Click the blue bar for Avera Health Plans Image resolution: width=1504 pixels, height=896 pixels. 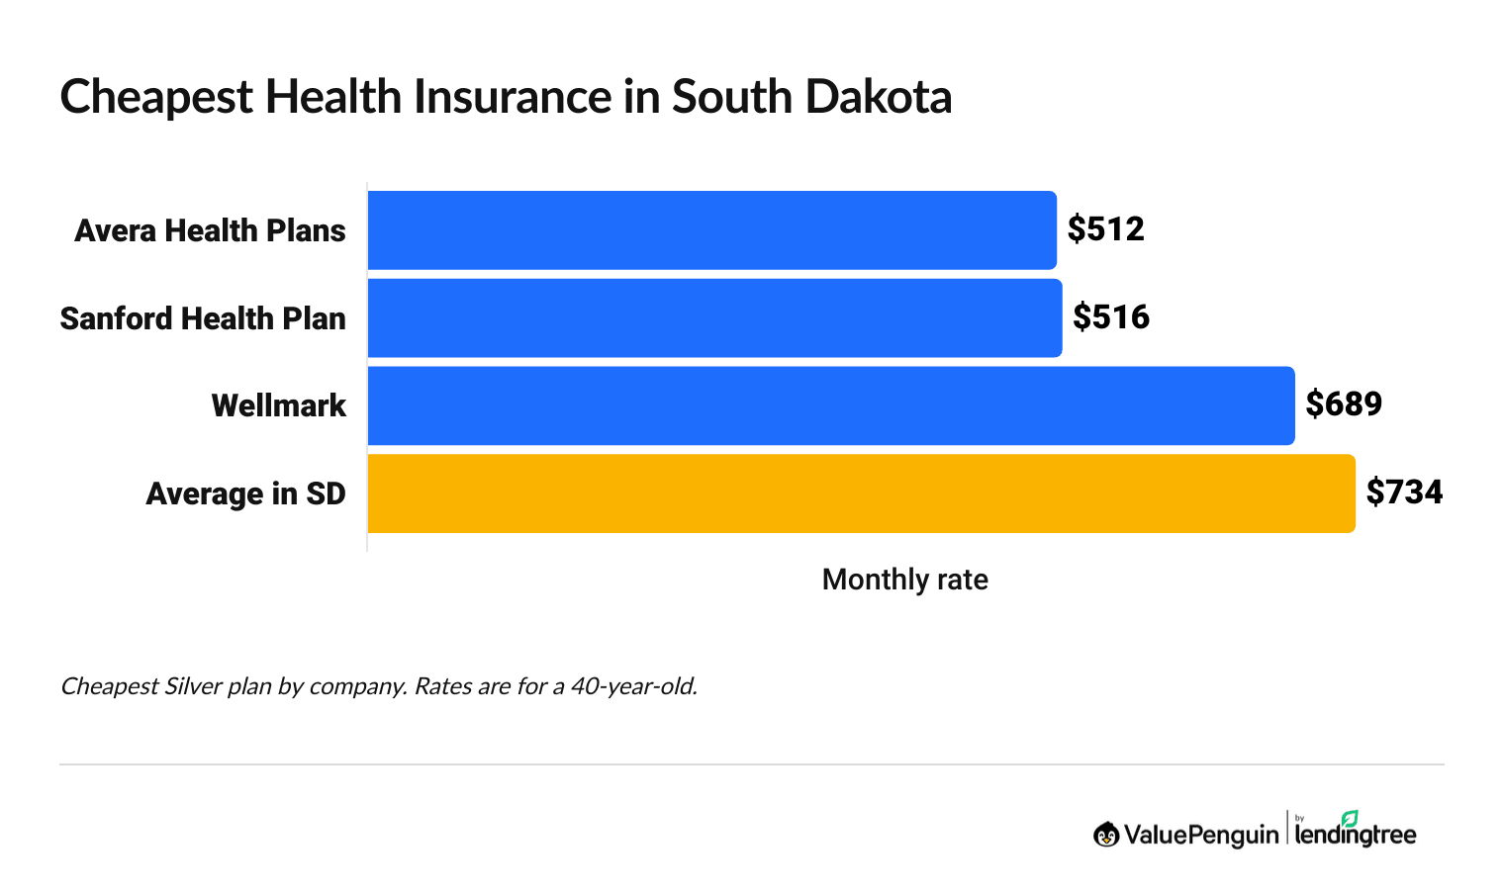[711, 230]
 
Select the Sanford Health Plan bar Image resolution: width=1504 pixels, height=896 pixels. [714, 318]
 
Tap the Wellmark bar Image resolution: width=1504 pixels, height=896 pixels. [831, 405]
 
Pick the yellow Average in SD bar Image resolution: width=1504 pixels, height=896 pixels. [861, 493]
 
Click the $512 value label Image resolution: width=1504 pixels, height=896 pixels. [1105, 229]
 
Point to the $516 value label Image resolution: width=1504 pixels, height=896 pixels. [1111, 317]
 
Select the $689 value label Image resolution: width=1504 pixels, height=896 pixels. [1344, 404]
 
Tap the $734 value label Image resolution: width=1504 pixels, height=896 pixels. [1404, 493]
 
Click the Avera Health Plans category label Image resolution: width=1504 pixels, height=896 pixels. [210, 230]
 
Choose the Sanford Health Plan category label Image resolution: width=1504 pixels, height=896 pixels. [203, 318]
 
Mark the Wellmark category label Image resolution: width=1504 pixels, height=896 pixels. [279, 405]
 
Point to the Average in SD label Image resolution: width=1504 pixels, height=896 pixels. [245, 493]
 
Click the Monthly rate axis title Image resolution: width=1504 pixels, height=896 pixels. [904, 580]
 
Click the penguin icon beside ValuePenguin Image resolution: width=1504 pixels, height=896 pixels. [1106, 835]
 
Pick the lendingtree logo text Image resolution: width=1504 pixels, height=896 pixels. [1356, 835]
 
